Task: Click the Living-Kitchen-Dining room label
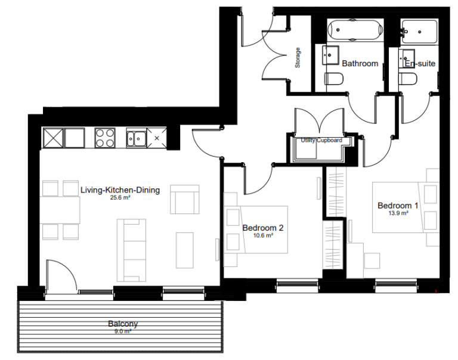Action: point(120,191)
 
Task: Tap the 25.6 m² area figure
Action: point(120,198)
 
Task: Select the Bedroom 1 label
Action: point(398,206)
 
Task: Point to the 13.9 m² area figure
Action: point(398,213)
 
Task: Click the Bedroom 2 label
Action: point(262,228)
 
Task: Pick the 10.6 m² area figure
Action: point(262,235)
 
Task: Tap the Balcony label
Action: point(123,324)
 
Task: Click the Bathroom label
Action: point(360,63)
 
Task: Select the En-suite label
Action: point(420,63)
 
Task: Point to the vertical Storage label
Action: point(298,57)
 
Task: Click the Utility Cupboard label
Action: point(321,140)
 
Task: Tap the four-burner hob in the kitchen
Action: point(106,139)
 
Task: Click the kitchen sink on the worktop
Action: point(137,139)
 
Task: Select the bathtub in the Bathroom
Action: point(356,30)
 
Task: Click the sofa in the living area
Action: point(131,250)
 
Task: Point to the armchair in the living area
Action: point(185,199)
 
